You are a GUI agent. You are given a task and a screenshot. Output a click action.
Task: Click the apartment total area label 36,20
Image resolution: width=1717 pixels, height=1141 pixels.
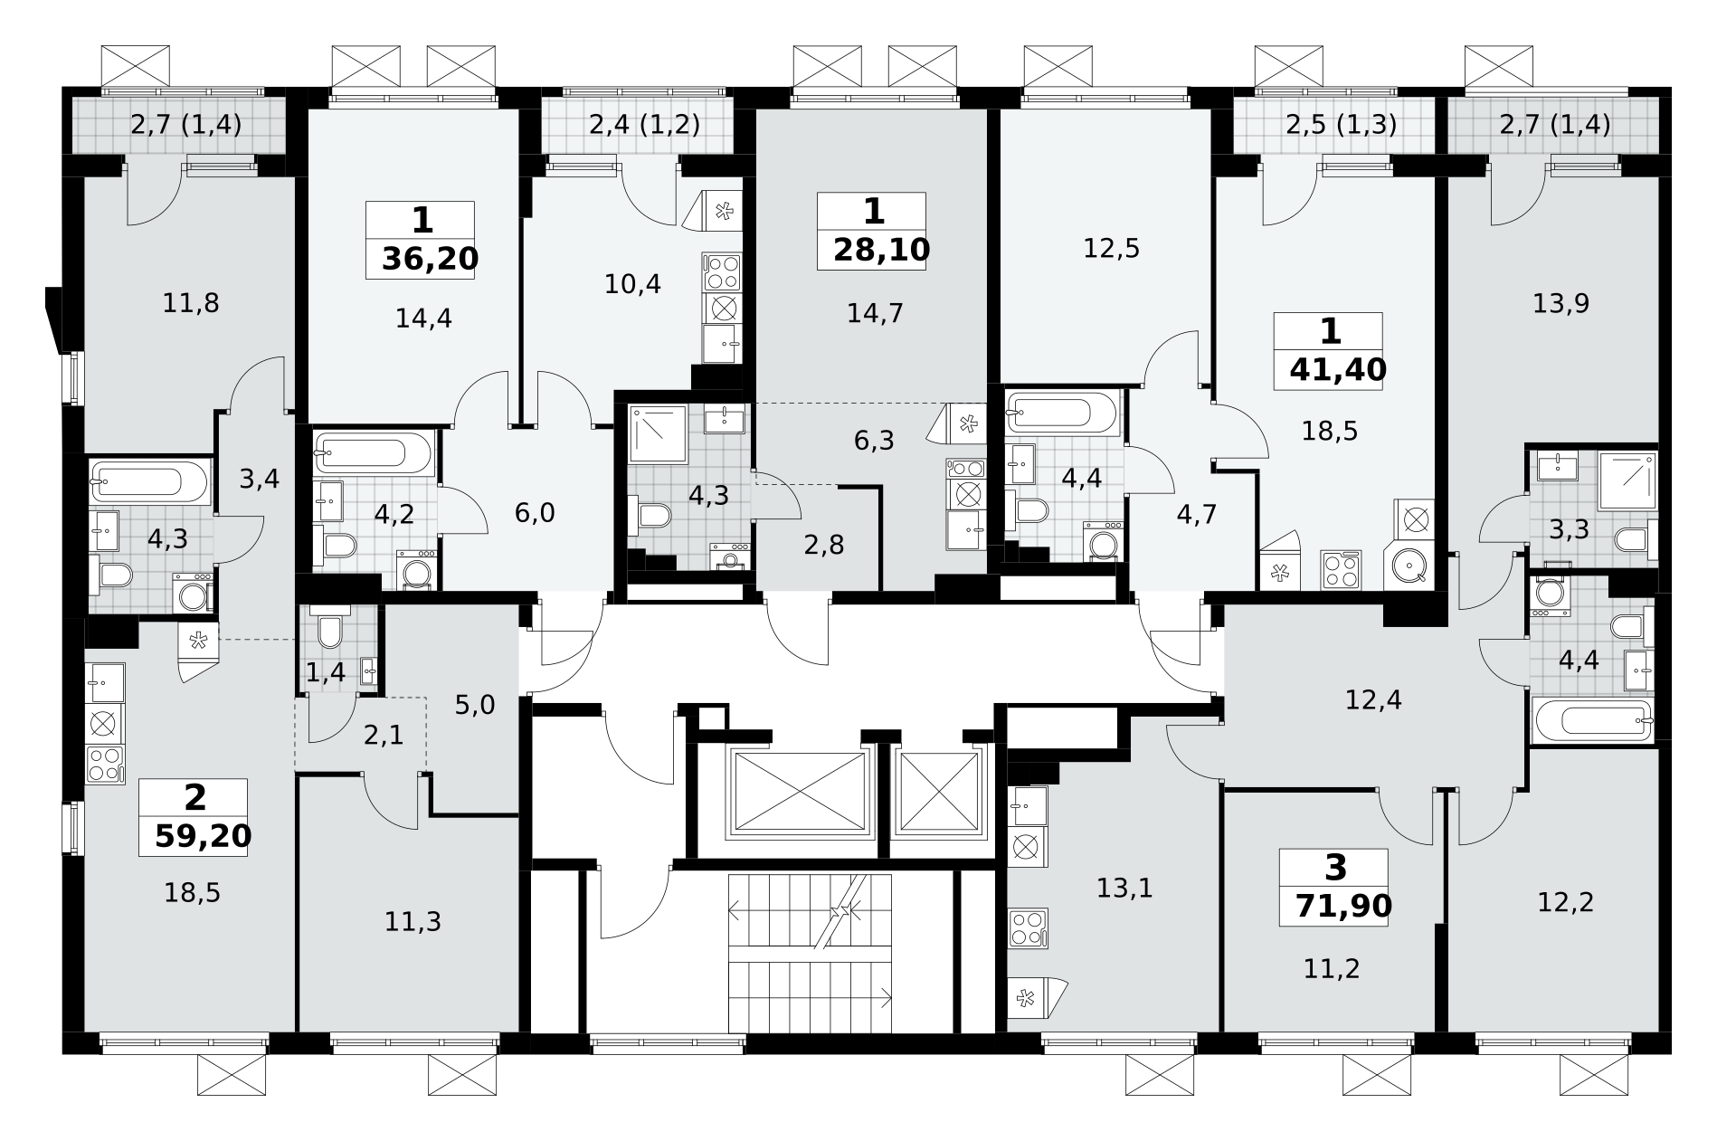[430, 259]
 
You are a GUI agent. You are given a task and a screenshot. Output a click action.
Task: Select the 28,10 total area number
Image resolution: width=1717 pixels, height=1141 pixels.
[881, 250]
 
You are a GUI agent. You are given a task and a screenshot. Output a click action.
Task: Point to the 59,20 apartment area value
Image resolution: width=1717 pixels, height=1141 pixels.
[203, 835]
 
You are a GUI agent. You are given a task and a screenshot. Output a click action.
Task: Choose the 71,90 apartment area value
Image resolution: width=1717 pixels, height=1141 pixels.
[1343, 905]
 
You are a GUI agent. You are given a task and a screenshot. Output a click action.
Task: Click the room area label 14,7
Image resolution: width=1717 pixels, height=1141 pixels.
[875, 313]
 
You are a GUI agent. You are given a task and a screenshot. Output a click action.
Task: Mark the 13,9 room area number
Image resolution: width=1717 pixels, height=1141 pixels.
[1560, 303]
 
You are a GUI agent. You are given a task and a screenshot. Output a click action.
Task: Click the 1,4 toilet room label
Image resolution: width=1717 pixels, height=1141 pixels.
[326, 672]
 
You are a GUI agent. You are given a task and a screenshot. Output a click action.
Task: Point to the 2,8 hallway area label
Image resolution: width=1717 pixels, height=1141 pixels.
[823, 545]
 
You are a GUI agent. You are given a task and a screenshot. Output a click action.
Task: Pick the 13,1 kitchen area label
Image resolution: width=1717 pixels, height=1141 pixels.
[1124, 889]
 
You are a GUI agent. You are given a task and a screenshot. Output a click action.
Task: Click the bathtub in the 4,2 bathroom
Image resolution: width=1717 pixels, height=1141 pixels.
[374, 452]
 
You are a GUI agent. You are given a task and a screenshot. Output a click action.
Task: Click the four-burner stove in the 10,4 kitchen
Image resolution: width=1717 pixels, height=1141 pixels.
[722, 272]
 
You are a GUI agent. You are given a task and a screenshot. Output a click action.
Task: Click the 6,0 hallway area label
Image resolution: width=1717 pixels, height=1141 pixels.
[534, 513]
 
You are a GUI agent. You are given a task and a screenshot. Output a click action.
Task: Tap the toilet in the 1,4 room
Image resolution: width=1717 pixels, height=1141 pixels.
[328, 630]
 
